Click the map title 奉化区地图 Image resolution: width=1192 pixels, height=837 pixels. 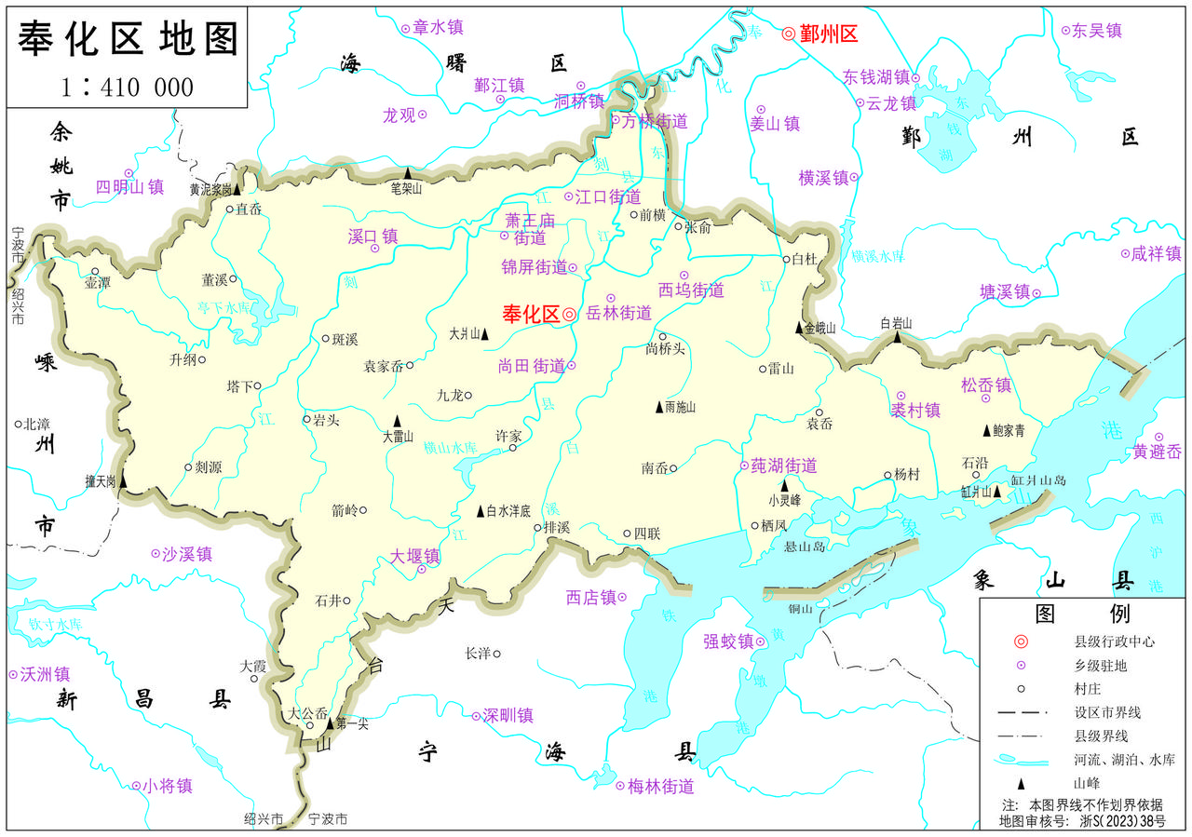(x=129, y=39)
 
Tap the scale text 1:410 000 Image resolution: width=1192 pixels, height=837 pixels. (x=128, y=88)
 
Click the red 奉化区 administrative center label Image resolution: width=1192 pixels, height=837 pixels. (x=531, y=315)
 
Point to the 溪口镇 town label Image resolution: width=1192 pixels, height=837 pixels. (x=372, y=236)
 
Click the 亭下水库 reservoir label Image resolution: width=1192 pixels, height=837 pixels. (x=223, y=306)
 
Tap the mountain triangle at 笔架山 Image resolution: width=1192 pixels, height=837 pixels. (x=407, y=172)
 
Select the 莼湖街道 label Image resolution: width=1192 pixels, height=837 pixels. (x=784, y=466)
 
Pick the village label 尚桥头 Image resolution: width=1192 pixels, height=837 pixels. (x=665, y=349)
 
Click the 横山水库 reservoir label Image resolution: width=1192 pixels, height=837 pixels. (x=450, y=448)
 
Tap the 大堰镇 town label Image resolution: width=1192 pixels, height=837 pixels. (x=415, y=556)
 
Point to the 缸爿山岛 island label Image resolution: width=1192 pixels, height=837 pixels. (x=1037, y=480)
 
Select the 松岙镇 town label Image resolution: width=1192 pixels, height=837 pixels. (x=986, y=385)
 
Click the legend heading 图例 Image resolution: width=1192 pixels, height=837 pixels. (x=1082, y=614)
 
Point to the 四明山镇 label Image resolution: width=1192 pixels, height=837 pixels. (x=130, y=186)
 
